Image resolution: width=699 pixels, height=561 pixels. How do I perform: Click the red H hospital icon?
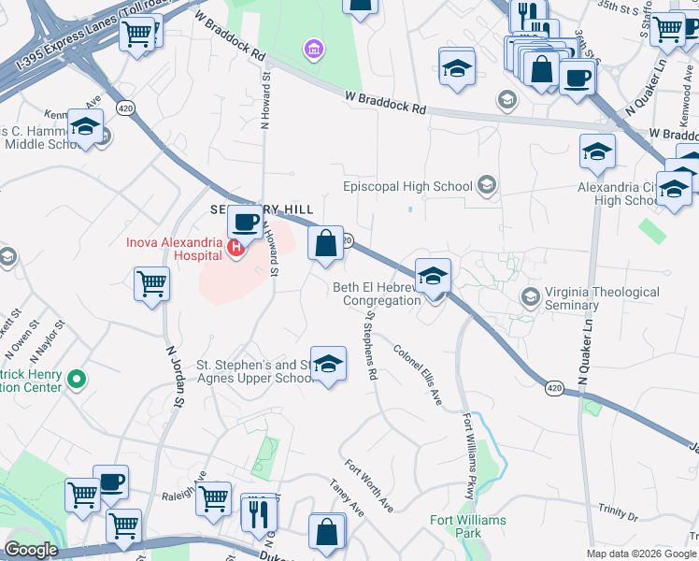(x=236, y=248)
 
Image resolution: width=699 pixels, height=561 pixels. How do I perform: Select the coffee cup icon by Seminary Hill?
(x=245, y=222)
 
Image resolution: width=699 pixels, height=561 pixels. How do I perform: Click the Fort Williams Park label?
(x=468, y=525)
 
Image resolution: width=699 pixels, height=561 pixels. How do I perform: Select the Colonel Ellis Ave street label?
(x=418, y=376)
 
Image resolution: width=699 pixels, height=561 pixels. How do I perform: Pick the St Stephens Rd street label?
(x=371, y=345)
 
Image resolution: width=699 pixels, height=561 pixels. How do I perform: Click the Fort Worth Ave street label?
(x=368, y=484)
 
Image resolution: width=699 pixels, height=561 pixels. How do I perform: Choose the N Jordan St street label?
(x=173, y=378)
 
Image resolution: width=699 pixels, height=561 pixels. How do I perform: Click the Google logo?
(x=31, y=550)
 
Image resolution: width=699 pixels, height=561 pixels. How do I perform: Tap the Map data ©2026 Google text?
(x=640, y=554)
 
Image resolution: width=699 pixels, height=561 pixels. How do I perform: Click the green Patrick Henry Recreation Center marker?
(x=78, y=380)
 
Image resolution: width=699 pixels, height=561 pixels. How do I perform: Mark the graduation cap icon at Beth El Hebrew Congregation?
(x=433, y=276)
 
